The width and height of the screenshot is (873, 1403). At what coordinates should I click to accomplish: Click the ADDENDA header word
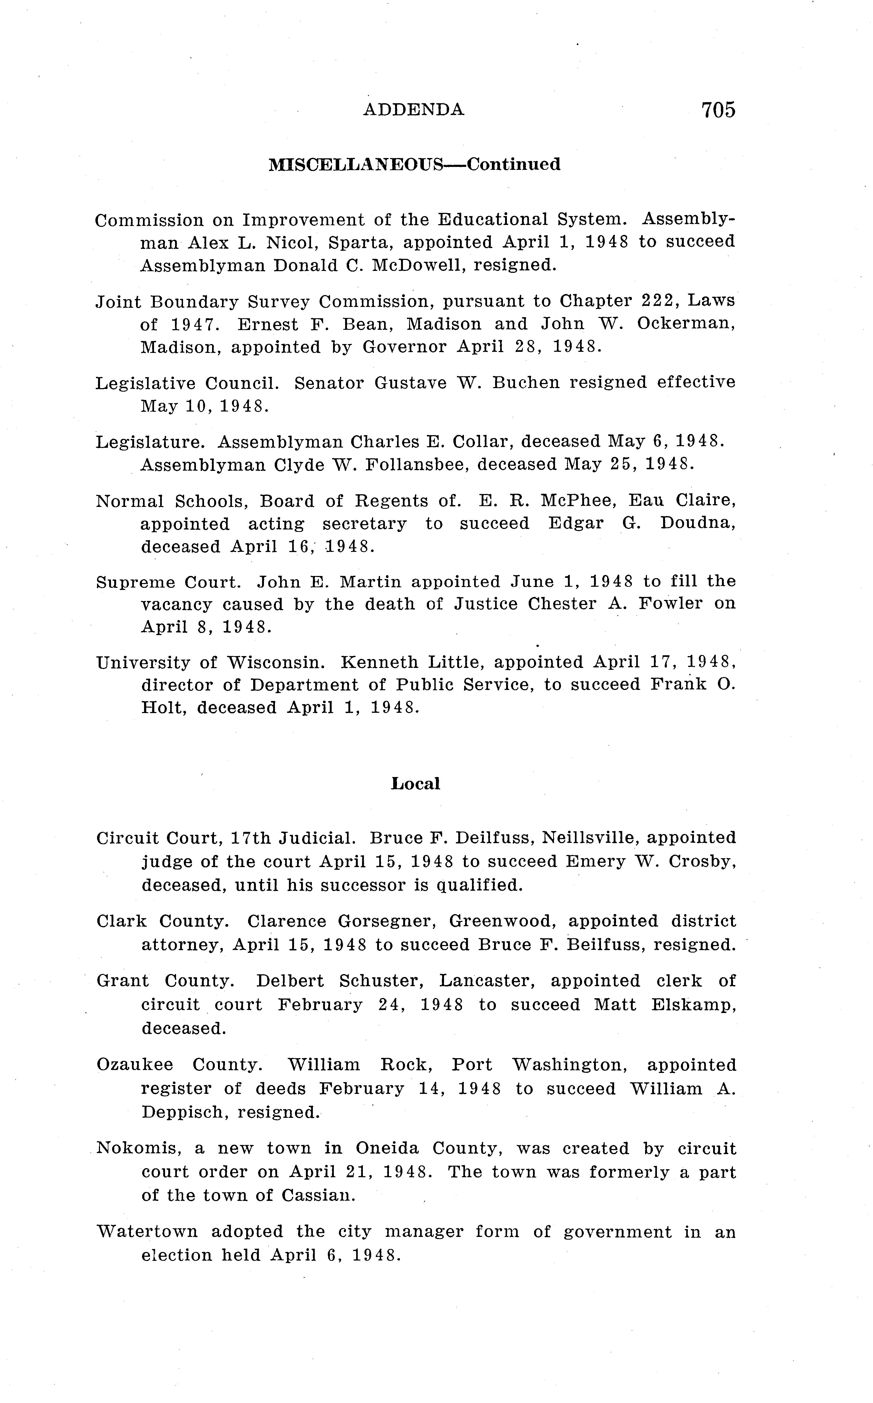tap(413, 110)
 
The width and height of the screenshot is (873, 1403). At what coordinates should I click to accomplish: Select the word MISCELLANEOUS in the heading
tap(356, 165)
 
